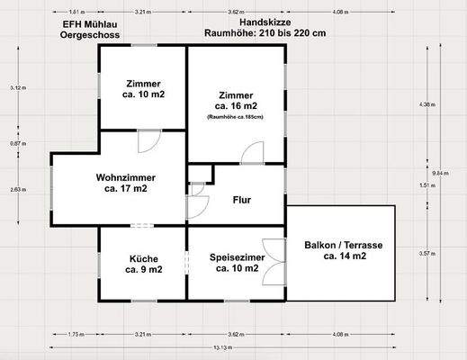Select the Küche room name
pyautogui.click(x=143, y=257)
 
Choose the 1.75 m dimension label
pyautogui.click(x=76, y=335)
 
